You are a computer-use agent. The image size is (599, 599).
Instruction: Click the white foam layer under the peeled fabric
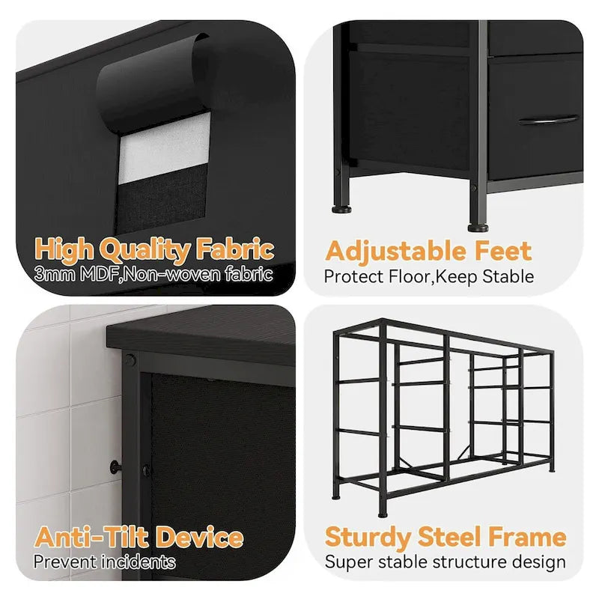[x=165, y=149]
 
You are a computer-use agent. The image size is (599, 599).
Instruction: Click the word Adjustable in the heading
[x=396, y=252]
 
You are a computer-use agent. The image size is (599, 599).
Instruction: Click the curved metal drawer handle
[x=548, y=120]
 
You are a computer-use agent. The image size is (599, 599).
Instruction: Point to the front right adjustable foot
[x=478, y=228]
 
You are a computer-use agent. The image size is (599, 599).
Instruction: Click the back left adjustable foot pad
[x=342, y=209]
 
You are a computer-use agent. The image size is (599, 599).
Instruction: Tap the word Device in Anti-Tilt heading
[x=200, y=537]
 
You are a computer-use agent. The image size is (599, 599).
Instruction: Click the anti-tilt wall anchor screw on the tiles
[x=115, y=466]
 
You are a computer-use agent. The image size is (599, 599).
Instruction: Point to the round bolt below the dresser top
[x=130, y=360]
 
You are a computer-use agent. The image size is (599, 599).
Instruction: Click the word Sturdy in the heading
[x=367, y=538]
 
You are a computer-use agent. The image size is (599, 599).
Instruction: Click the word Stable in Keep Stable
[x=508, y=276]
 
